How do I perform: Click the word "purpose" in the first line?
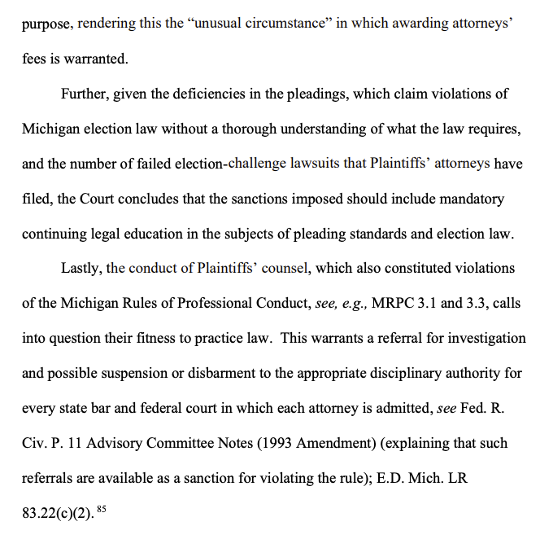48,24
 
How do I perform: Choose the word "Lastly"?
82,268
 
